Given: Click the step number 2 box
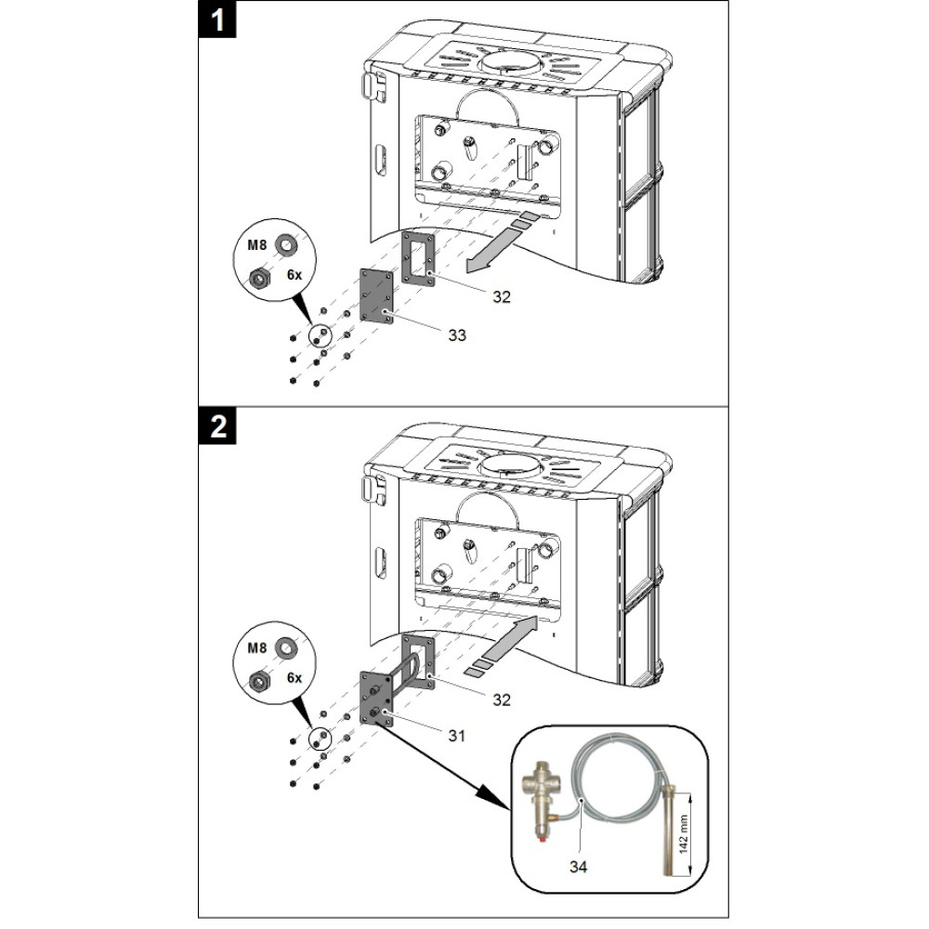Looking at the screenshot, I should (x=217, y=426).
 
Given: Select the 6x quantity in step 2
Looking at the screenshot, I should (x=294, y=678).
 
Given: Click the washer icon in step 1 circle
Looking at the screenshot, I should (x=288, y=246).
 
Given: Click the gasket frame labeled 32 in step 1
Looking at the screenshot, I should (x=420, y=255).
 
